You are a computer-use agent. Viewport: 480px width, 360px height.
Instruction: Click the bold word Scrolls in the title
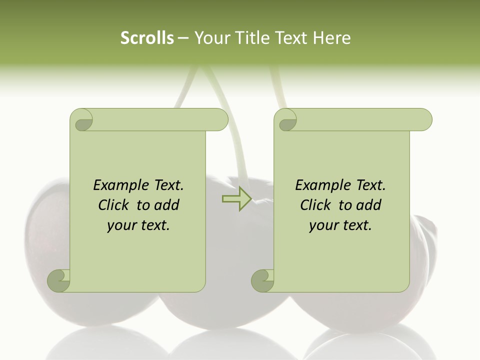[x=147, y=37]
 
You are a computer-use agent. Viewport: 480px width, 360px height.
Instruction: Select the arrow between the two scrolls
[x=236, y=198]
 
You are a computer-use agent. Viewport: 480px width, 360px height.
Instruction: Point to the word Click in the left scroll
[x=113, y=205]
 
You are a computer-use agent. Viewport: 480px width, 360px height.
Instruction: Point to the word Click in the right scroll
[x=315, y=205]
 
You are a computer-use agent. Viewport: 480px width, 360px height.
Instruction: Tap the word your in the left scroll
[x=121, y=225]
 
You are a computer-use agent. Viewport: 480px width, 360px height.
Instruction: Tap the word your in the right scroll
[x=323, y=225]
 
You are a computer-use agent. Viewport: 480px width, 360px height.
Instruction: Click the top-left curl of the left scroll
[x=82, y=120]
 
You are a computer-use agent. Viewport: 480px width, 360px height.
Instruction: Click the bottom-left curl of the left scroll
[x=59, y=280]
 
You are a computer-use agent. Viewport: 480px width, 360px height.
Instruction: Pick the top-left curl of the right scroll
[x=286, y=120]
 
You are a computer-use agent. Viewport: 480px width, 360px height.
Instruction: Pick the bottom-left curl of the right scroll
[x=263, y=280]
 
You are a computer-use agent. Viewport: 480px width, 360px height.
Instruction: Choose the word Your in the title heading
[x=210, y=37]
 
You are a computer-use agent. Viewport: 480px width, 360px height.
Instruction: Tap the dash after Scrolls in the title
[x=183, y=37]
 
